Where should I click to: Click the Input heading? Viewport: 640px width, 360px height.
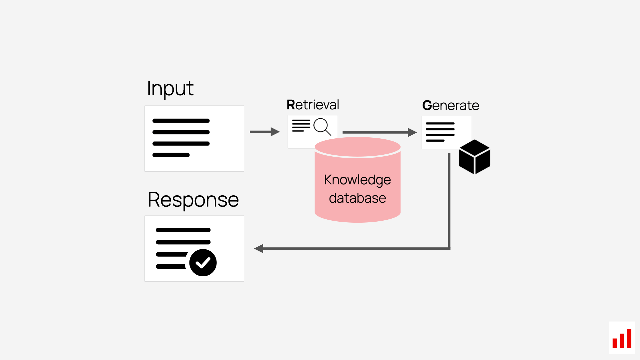(170, 89)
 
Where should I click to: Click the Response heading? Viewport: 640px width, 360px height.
(193, 200)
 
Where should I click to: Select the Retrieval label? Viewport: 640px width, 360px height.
(313, 105)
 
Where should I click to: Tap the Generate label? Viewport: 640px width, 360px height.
(451, 105)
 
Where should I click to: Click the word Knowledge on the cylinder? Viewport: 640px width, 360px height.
(357, 180)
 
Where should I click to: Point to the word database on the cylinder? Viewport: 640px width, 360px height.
(357, 198)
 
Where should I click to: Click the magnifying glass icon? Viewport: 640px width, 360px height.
(322, 126)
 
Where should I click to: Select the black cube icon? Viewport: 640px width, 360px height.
(474, 157)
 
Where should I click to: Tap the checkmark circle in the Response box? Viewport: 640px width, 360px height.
(203, 263)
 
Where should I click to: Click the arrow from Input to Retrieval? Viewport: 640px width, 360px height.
(264, 132)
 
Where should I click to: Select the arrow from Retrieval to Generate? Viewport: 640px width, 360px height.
(379, 132)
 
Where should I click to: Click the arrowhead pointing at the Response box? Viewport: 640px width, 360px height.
(259, 248)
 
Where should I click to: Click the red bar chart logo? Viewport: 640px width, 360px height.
(622, 338)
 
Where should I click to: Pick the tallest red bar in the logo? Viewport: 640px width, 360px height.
(629, 338)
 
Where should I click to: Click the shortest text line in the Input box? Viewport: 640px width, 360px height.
(171, 155)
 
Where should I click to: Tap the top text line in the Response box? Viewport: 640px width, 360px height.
(183, 230)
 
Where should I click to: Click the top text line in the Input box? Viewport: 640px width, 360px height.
(181, 121)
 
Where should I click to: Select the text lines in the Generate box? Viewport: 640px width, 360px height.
(440, 132)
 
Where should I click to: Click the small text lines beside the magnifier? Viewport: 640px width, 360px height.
(301, 126)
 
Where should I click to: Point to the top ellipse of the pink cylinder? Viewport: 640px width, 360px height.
(358, 147)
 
